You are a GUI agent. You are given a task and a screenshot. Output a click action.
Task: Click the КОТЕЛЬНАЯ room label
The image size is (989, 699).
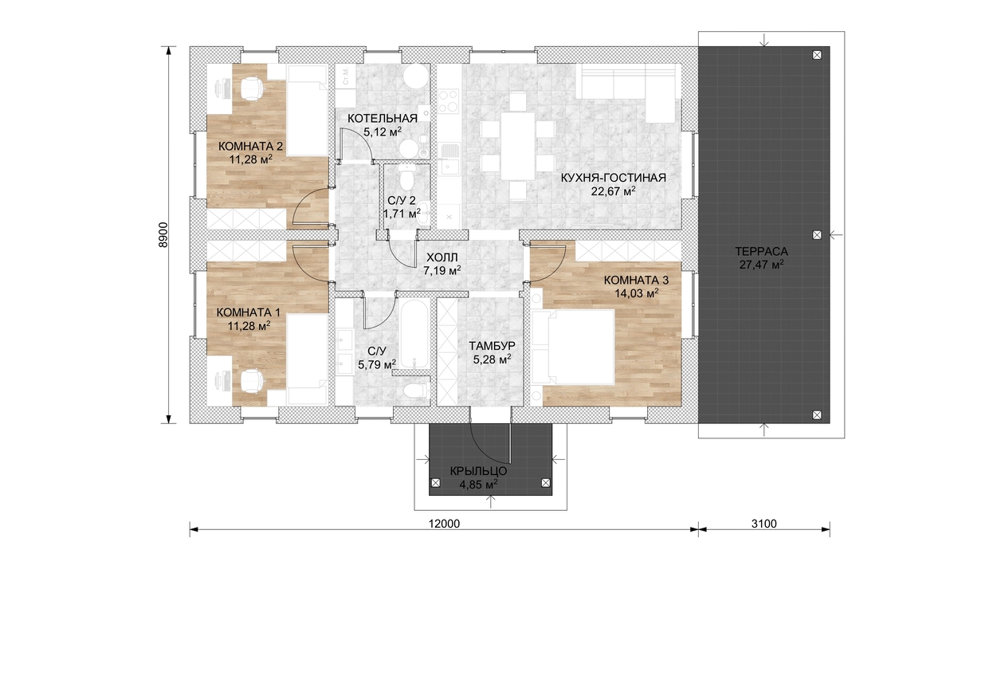point(383,118)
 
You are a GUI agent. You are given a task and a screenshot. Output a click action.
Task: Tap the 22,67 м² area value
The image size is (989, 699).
point(614,191)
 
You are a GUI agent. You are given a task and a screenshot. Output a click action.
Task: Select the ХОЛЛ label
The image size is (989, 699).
point(442,257)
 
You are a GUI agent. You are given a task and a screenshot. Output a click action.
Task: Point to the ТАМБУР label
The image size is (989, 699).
point(492,346)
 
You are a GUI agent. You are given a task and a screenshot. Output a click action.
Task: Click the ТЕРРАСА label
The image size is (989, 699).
point(761,252)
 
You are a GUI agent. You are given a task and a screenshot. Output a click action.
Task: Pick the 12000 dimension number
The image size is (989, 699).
point(444,524)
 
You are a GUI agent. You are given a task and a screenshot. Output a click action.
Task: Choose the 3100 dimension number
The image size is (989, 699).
point(763,524)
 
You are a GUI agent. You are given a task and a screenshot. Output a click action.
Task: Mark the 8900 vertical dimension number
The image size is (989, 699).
point(163,234)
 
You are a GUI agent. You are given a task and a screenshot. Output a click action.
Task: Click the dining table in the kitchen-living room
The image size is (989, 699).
point(517,146)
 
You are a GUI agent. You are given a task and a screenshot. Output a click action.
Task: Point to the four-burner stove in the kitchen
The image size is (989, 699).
point(449,101)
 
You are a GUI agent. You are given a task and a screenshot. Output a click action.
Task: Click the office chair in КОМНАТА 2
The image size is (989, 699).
point(252,88)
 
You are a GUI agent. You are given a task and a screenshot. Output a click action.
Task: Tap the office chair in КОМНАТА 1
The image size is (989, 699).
point(252,381)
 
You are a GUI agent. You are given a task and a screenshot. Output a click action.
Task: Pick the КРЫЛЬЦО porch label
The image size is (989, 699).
point(479,471)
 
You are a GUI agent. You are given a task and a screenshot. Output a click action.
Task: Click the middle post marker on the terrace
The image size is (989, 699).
point(817,235)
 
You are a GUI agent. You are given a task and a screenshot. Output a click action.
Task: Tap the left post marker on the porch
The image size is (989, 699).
point(435,483)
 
